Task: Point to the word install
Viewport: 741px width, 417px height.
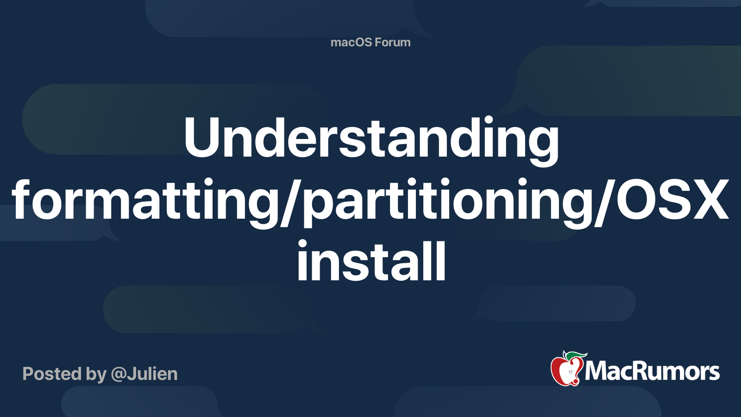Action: [x=371, y=261]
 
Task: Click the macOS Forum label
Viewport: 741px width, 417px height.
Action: [x=370, y=42]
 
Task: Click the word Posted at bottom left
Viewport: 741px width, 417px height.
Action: [x=52, y=374]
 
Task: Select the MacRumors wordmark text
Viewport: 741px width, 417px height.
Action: [x=652, y=372]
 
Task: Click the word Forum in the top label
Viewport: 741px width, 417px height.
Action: [x=392, y=42]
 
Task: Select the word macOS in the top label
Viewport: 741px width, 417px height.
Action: [x=351, y=42]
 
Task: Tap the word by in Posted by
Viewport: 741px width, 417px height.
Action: [x=96, y=374]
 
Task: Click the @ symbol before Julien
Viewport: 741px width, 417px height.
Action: [x=119, y=374]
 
